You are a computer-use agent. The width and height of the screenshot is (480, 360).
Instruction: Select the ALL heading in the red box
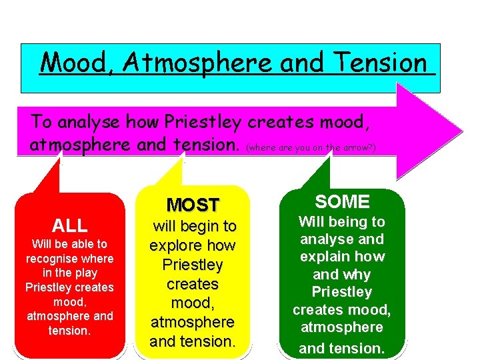70,225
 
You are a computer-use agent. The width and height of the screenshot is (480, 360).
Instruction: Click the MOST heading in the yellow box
193,205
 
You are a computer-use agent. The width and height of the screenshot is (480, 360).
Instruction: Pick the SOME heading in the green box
342,201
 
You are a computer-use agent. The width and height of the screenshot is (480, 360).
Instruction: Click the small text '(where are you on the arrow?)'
311,147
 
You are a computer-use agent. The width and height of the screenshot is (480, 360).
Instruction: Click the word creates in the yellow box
193,284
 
